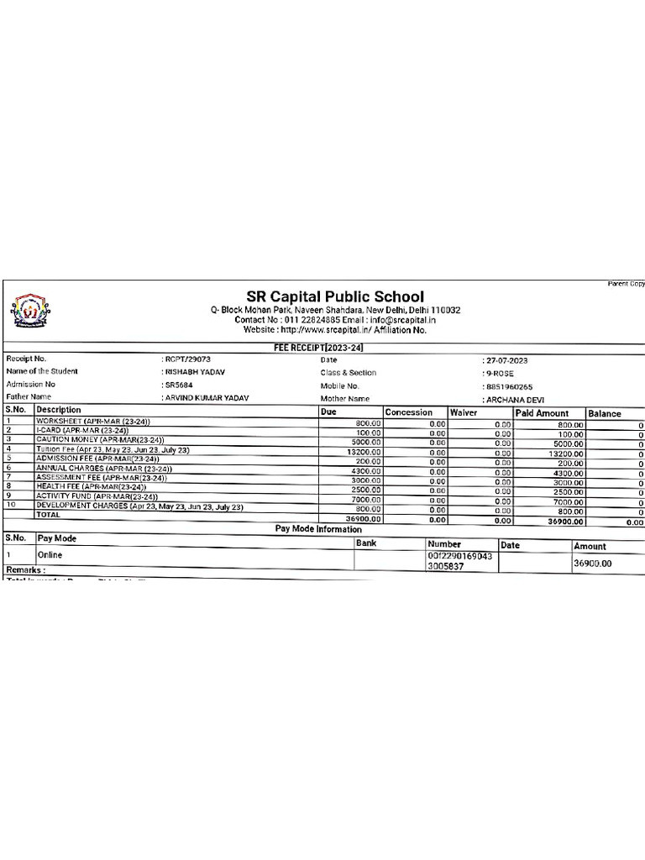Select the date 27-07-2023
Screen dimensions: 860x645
tap(506, 360)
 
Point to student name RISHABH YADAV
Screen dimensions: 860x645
tap(194, 372)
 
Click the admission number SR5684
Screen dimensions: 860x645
tap(178, 385)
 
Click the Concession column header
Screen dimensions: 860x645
tap(409, 412)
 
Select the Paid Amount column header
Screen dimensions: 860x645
tap(542, 413)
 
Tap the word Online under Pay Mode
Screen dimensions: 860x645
tap(50, 555)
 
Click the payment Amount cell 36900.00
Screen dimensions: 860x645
tap(593, 564)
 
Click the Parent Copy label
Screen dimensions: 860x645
tap(626, 284)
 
